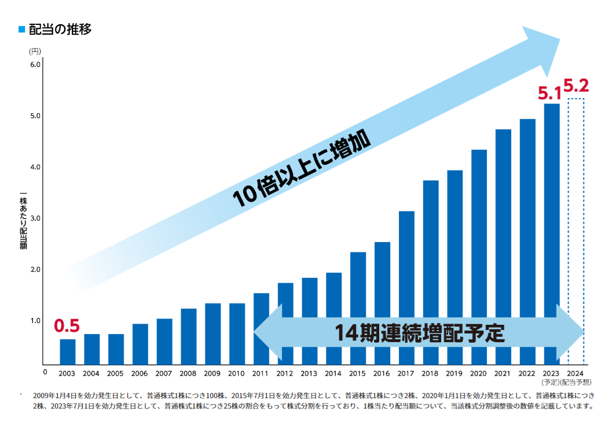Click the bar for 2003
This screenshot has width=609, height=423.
pos(68,351)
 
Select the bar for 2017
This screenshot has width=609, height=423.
pos(406,288)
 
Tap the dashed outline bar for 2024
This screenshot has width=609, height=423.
pos(575,231)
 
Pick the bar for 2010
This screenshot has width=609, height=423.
pos(237,333)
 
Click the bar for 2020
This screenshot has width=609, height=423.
pos(479,257)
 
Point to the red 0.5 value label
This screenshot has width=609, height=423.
pos(67,326)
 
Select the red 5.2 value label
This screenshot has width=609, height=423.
pos(576,87)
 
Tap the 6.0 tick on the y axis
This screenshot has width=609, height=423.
pos(35,65)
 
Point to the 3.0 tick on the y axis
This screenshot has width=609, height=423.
pos(35,218)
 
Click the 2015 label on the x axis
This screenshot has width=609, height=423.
pos(358,373)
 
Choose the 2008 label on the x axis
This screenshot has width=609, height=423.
pos(188,373)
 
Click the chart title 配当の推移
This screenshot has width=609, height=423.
pos(60,29)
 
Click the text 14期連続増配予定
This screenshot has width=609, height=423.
pos(420,333)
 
